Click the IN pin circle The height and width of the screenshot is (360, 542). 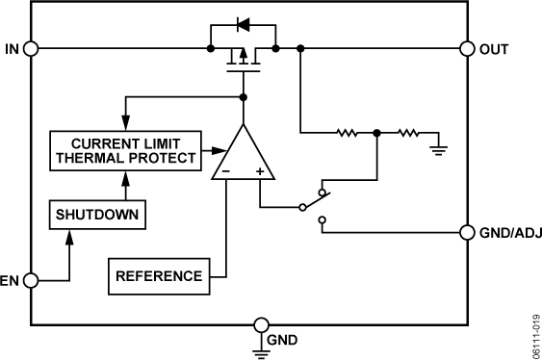pyautogui.click(x=30, y=48)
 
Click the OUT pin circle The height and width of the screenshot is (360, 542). pyautogui.click(x=468, y=48)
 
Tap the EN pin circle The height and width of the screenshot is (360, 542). pyautogui.click(x=30, y=281)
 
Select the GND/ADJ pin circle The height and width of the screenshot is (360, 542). pyautogui.click(x=468, y=232)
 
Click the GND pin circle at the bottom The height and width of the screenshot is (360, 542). pyautogui.click(x=261, y=324)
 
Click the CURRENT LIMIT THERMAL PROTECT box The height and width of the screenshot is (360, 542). pyautogui.click(x=122, y=149)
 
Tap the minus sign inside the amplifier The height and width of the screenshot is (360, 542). pyautogui.click(x=225, y=171)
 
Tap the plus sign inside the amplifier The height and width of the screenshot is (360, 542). pyautogui.click(x=260, y=171)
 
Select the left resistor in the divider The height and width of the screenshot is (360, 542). pyautogui.click(x=348, y=132)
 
